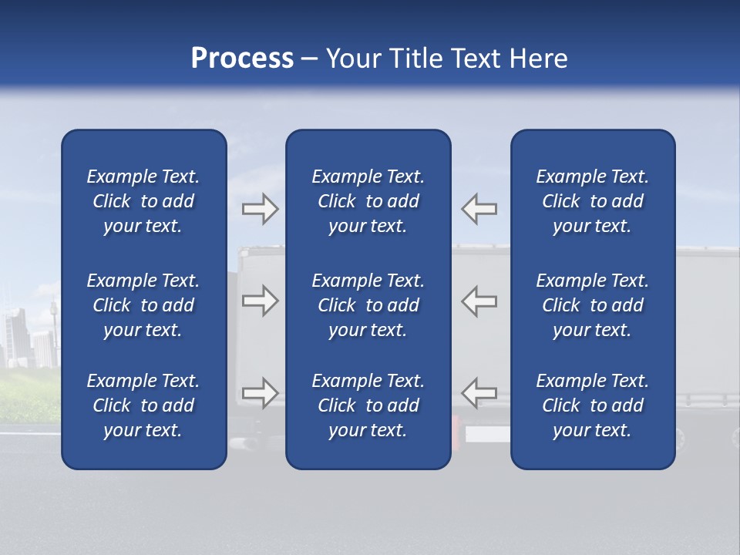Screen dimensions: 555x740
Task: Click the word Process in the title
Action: click(x=242, y=59)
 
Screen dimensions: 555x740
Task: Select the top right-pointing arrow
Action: click(x=260, y=209)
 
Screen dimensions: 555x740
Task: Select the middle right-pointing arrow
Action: click(x=260, y=301)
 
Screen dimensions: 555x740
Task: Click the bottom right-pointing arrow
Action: click(x=260, y=392)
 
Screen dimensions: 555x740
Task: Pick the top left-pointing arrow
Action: click(x=479, y=209)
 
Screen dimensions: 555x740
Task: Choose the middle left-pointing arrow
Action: click(x=479, y=301)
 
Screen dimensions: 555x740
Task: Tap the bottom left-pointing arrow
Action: click(x=479, y=392)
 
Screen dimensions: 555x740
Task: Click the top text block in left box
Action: click(x=143, y=201)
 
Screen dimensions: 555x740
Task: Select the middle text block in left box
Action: click(x=143, y=305)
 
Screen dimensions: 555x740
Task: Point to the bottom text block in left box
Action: click(x=143, y=405)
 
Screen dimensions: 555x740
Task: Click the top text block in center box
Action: click(x=368, y=201)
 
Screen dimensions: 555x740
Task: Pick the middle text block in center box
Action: click(x=368, y=305)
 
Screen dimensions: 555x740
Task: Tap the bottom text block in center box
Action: click(x=368, y=405)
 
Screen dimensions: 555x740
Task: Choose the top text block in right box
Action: click(x=592, y=201)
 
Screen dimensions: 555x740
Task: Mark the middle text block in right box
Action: click(x=592, y=305)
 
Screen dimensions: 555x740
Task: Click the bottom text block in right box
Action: click(x=592, y=405)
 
